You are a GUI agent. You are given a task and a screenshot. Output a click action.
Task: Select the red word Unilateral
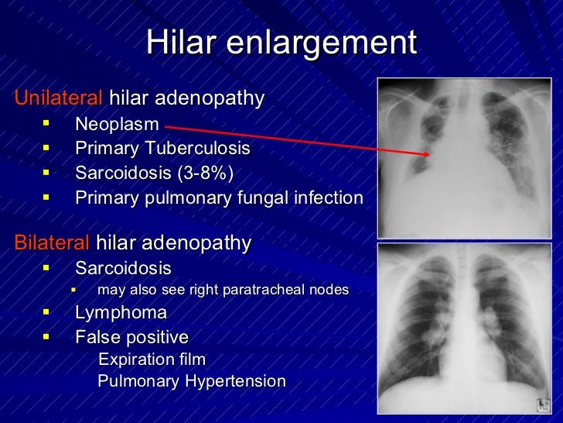click(58, 98)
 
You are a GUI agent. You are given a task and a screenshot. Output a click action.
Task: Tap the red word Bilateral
click(52, 243)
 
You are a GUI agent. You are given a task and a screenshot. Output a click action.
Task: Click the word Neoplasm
click(117, 124)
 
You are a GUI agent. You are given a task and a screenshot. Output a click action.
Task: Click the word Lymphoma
click(121, 313)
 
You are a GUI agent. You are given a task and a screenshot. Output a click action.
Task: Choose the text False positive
click(131, 337)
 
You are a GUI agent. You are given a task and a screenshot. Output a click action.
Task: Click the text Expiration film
click(152, 359)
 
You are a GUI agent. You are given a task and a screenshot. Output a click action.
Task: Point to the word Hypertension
click(235, 381)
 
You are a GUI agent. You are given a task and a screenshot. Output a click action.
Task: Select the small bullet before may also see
click(73, 291)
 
